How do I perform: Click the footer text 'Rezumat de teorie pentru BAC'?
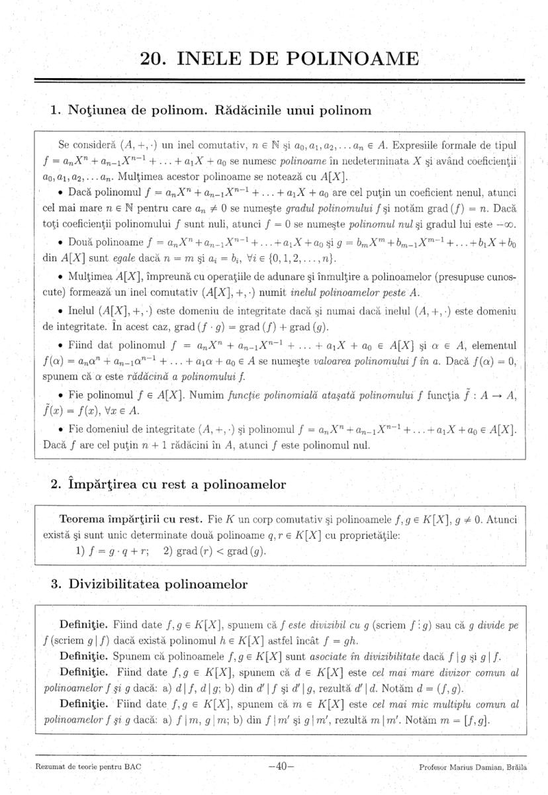(79, 767)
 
